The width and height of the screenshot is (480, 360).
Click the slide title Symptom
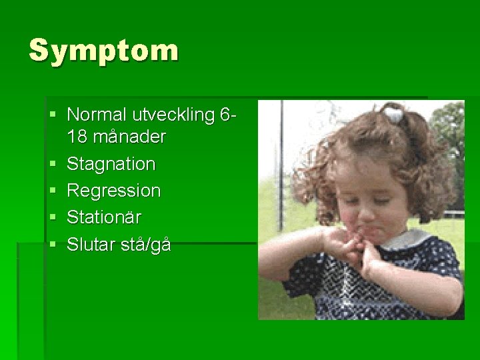point(104,51)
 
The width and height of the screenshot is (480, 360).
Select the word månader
point(130,137)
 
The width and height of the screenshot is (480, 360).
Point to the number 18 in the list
point(77,137)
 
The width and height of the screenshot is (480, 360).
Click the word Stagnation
point(111,164)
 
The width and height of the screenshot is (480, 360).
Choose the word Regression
point(114,191)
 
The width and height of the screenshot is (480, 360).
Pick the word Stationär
point(104,217)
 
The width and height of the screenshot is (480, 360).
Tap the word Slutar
point(92,245)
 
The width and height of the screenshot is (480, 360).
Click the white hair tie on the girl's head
point(395,115)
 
